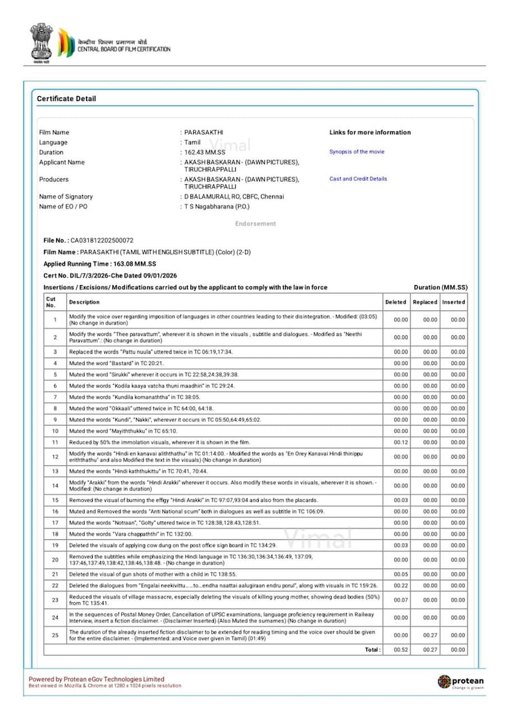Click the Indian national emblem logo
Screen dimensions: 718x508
pyautogui.click(x=41, y=42)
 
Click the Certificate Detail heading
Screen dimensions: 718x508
pyautogui.click(x=66, y=99)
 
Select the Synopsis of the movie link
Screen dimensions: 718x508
pyautogui.click(x=356, y=152)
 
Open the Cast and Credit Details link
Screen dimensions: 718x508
pyautogui.click(x=358, y=179)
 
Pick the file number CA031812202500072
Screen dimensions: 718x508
pyautogui.click(x=102, y=240)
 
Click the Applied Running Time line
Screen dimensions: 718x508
pyautogui.click(x=100, y=263)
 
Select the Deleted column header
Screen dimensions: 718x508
pyautogui.click(x=396, y=302)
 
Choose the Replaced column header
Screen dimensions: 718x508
pyautogui.click(x=425, y=302)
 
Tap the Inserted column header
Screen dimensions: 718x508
pyautogui.click(x=454, y=302)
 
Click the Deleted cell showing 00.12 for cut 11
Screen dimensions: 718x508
pyautogui.click(x=401, y=442)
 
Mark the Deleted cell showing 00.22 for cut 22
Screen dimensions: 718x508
pyautogui.click(x=401, y=585)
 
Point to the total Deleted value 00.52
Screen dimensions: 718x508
pyautogui.click(x=401, y=649)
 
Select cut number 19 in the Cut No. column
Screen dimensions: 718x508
pyautogui.click(x=54, y=545)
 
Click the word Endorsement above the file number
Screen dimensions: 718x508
pyautogui.click(x=255, y=224)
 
